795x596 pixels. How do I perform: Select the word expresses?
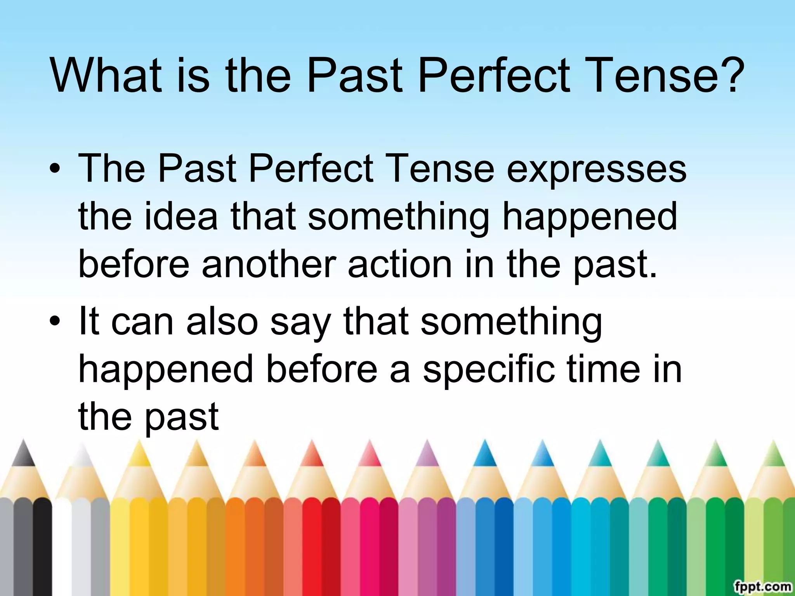597,170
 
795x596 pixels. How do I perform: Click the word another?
269,264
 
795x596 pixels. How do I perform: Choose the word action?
400,264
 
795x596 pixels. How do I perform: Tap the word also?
222,322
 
